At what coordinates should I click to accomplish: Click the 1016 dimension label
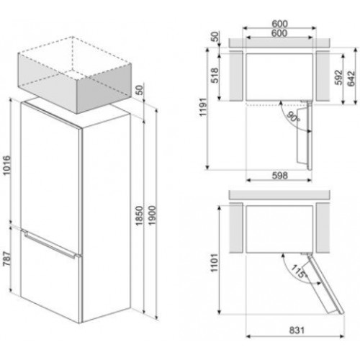6,166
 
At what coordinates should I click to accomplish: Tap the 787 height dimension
6,258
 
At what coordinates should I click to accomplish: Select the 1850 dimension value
140,215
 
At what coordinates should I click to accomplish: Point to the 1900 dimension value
152,215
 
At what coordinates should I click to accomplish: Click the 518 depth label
215,76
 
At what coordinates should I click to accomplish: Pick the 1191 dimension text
203,107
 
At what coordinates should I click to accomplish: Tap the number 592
338,77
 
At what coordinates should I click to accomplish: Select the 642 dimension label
351,78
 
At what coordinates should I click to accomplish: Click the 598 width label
280,176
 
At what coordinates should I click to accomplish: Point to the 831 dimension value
297,330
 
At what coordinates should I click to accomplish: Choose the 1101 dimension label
214,263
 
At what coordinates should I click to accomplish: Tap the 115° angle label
298,271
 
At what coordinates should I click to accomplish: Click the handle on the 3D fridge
49,243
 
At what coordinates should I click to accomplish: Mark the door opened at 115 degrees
324,284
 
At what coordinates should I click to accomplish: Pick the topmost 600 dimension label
279,24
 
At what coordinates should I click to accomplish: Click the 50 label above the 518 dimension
215,37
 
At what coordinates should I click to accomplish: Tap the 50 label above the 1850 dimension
140,90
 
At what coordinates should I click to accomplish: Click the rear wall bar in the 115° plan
279,194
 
